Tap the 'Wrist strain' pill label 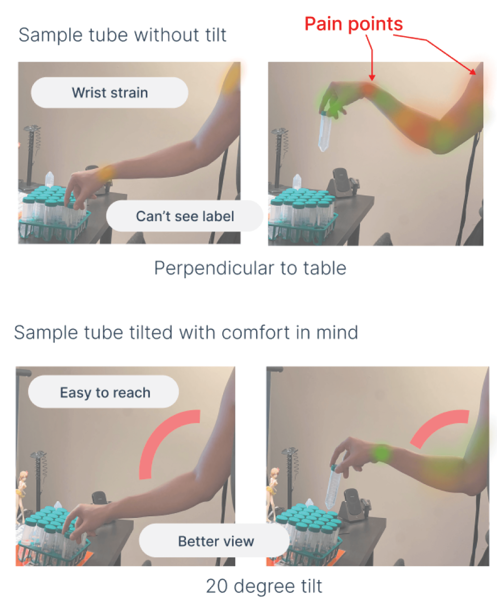(x=110, y=93)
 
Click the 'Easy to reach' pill (x=104, y=392)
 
